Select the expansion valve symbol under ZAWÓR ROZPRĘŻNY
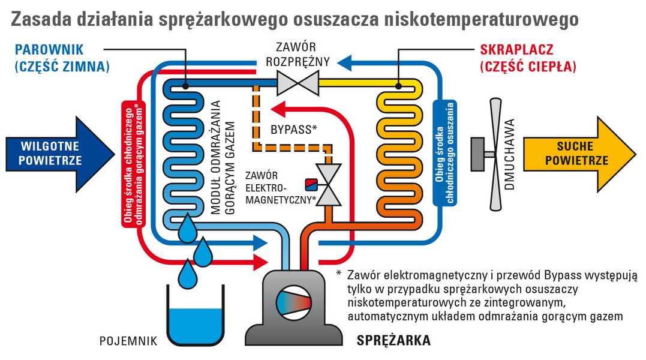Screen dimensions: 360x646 click(x=297, y=80)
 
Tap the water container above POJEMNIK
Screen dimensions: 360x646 click(x=196, y=318)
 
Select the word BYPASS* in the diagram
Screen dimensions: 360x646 click(x=293, y=129)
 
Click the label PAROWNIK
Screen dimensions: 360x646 click(x=50, y=49)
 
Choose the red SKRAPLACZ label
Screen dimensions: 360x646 click(x=516, y=49)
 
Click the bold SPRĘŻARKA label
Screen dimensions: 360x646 click(x=393, y=341)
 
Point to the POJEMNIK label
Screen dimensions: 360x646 click(x=128, y=341)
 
